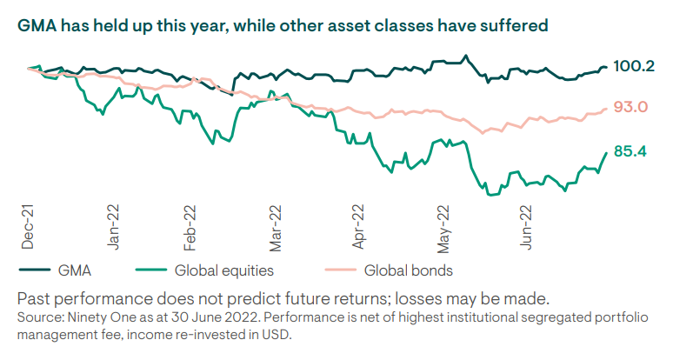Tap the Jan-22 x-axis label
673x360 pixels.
pyautogui.click(x=112, y=225)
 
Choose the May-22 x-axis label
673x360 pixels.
pyautogui.click(x=444, y=225)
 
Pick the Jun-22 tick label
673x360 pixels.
pyautogui.click(x=527, y=225)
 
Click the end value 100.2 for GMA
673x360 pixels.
pyautogui.click(x=633, y=66)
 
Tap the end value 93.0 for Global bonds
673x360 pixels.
pyautogui.click(x=630, y=107)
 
